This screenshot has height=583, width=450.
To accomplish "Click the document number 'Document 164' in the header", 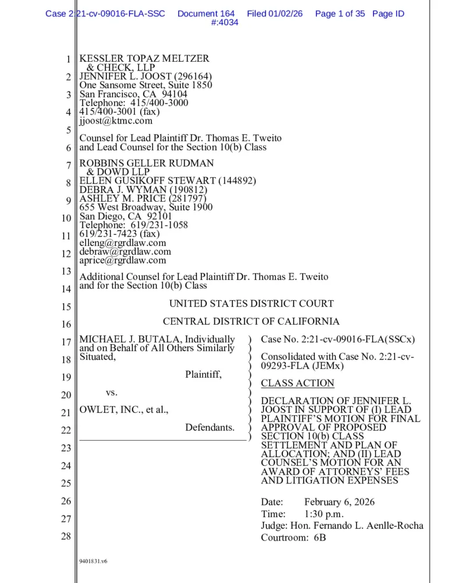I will point(206,13).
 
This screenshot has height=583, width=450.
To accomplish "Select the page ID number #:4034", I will point(224,23).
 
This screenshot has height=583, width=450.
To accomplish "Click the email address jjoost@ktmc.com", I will point(116,121).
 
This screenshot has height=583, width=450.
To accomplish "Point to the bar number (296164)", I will point(191,76).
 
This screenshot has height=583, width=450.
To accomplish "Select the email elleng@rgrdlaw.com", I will point(123,243).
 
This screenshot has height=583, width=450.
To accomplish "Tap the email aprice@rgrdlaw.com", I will point(123,261).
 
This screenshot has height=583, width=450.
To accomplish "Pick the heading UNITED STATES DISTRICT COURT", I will point(251,303).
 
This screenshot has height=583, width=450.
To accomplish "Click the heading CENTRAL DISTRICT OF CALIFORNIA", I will point(251,321).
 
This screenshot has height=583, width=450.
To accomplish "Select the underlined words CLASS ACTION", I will point(297,383).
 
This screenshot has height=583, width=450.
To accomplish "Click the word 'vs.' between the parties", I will point(112,392).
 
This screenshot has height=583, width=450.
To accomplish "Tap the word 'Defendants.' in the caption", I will point(210,427).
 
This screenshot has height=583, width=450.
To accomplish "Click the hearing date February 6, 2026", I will point(339,502).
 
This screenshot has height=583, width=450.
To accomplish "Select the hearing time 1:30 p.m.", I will point(324,514).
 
